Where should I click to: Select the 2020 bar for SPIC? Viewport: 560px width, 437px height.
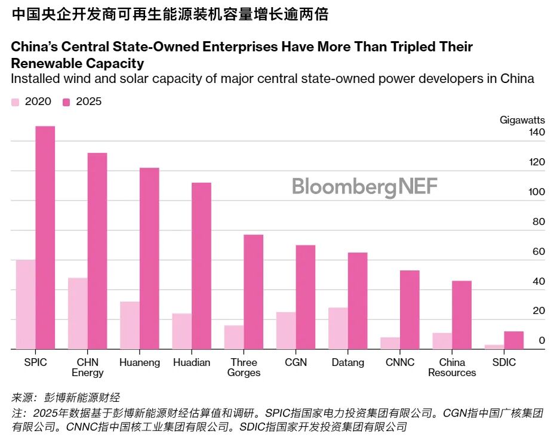tap(26, 304)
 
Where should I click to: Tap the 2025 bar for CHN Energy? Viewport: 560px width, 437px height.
tap(97, 251)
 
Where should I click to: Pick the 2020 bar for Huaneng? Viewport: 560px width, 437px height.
tap(130, 325)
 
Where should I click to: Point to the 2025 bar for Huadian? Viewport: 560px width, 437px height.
tap(201, 266)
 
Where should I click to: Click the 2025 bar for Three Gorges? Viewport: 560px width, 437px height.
tap(253, 292)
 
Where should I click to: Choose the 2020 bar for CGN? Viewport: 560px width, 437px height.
tap(285, 331)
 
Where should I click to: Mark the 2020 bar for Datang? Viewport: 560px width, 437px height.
tap(338, 328)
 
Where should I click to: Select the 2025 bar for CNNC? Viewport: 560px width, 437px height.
tap(410, 310)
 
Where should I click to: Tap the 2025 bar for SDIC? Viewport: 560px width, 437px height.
tap(513, 340)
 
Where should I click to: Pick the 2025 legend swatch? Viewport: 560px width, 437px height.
tap(67, 102)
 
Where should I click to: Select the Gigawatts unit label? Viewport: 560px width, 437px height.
tap(522, 120)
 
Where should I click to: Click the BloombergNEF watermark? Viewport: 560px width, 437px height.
tap(364, 187)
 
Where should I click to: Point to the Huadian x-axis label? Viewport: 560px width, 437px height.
tap(192, 363)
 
